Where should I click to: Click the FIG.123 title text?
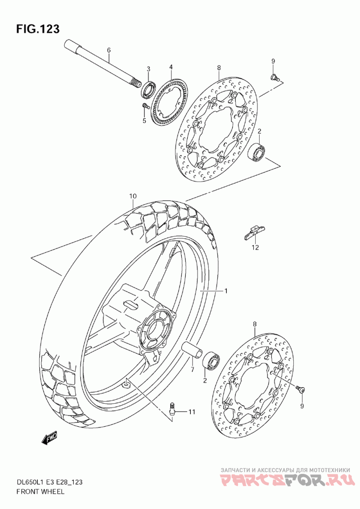(38, 29)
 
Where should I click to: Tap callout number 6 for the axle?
(108, 50)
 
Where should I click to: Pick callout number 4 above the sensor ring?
(171, 67)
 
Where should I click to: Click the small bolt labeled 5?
(144, 106)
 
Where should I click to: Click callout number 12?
(255, 247)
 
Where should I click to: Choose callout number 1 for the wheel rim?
(226, 291)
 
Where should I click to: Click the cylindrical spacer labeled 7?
(191, 351)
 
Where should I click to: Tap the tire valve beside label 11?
(171, 407)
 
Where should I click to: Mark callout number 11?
(192, 411)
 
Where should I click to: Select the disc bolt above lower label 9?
(301, 388)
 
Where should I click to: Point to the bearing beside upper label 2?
(257, 151)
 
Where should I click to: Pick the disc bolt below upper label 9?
(274, 77)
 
